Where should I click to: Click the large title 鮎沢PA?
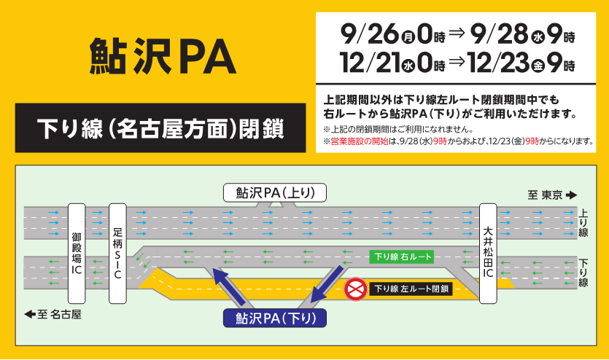162,56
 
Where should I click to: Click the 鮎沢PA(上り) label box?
274,192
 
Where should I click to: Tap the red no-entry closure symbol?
356,289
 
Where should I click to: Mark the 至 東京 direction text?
552,195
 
